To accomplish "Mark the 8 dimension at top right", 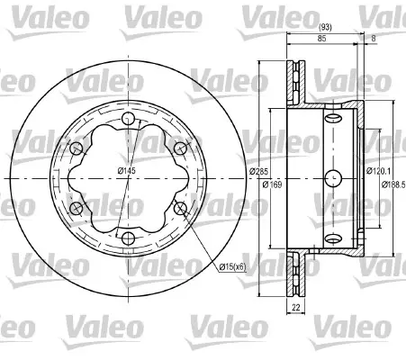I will (374, 39).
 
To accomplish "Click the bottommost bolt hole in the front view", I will (129, 238).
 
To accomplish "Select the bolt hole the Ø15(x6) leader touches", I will (181, 209).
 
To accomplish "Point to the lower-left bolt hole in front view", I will (77, 209).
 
